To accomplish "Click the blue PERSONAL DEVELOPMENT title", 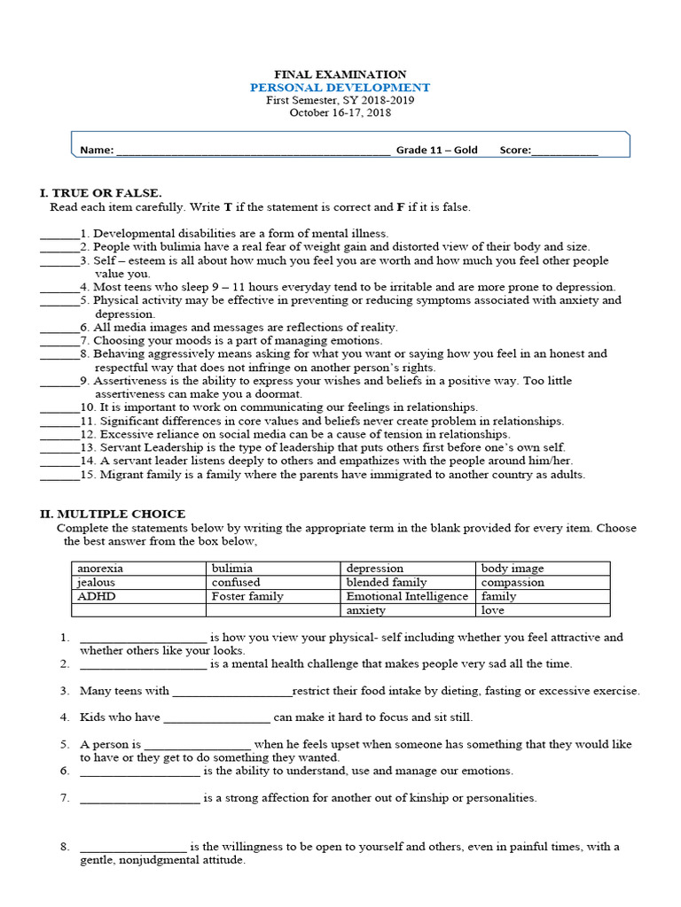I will [x=340, y=88].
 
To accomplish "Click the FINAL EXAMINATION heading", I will [x=340, y=74].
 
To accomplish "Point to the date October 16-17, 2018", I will [x=340, y=112].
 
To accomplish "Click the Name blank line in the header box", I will [x=253, y=151].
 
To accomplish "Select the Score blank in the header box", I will [x=564, y=151].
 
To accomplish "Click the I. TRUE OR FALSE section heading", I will [x=101, y=192].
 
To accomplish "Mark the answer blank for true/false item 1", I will [x=59, y=235].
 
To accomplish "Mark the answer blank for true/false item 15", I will [x=59, y=476].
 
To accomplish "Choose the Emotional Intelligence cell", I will [x=407, y=596].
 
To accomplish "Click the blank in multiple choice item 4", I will [x=216, y=718].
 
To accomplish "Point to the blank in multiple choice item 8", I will [x=133, y=848].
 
